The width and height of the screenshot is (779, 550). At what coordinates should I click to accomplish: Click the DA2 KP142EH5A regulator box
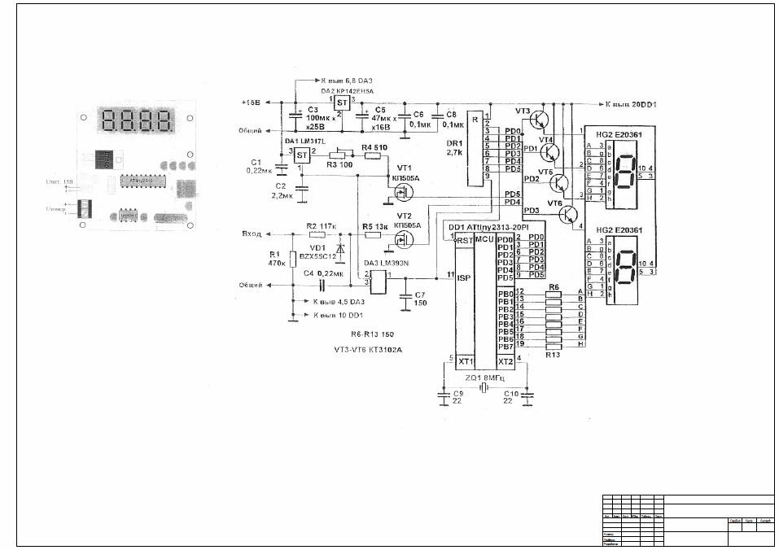(342, 103)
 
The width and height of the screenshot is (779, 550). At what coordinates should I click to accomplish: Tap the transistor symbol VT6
(569, 213)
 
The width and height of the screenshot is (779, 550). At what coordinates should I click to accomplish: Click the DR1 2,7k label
(454, 146)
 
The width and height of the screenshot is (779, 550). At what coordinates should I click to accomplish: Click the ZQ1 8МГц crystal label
(484, 378)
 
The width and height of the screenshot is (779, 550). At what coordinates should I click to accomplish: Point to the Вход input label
(252, 234)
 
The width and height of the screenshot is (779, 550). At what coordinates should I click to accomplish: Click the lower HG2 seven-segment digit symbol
(623, 268)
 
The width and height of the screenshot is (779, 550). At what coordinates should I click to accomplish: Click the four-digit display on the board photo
(137, 123)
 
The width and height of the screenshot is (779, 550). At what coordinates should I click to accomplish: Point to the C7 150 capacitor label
(419, 299)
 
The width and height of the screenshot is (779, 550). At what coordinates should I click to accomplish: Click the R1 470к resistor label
(275, 260)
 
